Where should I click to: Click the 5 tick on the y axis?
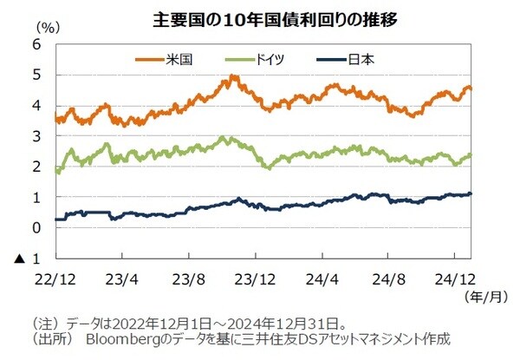pos(36,75)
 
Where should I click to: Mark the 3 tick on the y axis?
pos(36,136)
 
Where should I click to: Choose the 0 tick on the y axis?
pos(36,228)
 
